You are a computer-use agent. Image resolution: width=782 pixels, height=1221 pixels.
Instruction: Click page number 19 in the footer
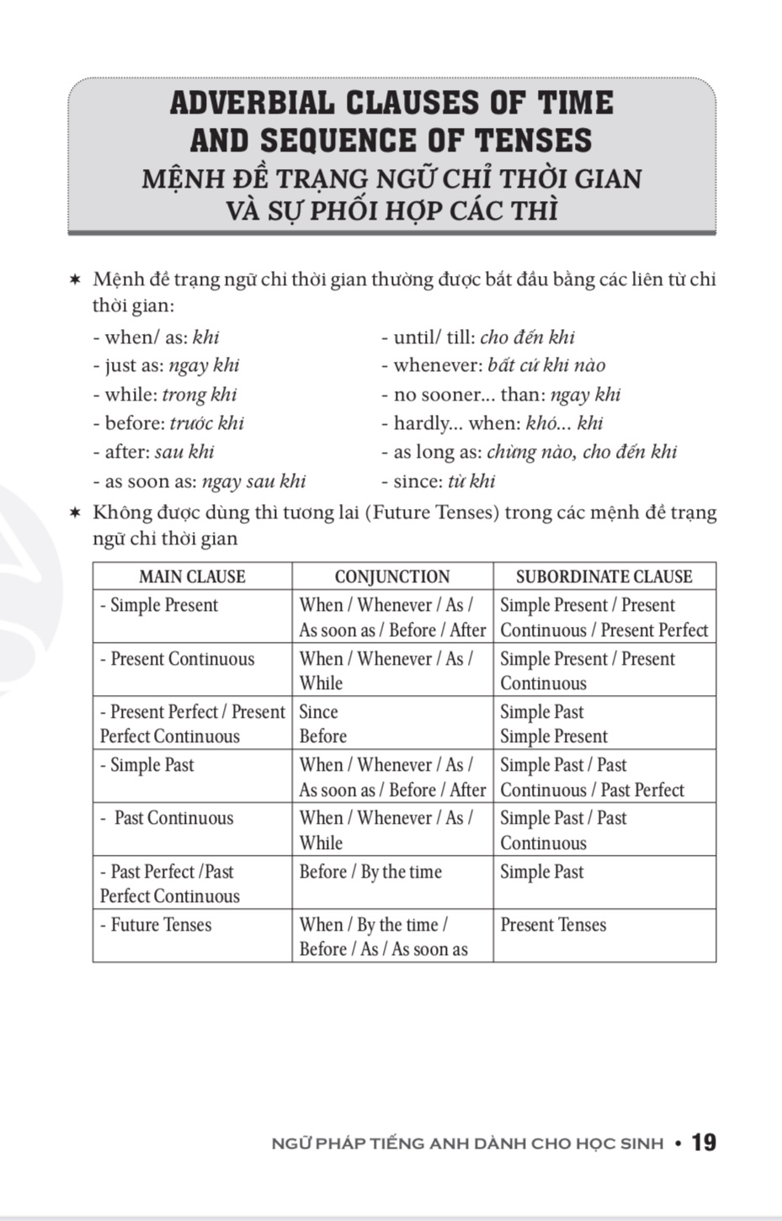[x=704, y=1142]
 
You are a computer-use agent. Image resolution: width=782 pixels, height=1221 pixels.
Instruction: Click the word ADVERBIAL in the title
[x=252, y=103]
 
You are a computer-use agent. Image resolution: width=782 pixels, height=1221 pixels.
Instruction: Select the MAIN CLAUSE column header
[x=192, y=576]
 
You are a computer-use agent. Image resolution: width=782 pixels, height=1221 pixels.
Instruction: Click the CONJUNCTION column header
[x=392, y=576]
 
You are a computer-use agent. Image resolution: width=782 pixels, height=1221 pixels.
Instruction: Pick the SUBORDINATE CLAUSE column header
[x=604, y=576]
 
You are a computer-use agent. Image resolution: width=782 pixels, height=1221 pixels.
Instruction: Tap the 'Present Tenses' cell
[x=553, y=925]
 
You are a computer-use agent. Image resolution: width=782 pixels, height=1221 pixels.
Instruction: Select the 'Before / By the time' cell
[x=370, y=872]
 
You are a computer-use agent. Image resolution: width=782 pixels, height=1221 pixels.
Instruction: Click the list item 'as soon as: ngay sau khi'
[x=199, y=481]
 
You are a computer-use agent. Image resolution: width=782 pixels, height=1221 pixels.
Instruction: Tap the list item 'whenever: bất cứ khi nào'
[x=493, y=365]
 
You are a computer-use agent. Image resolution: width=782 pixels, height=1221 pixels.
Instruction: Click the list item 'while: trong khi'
[x=165, y=395]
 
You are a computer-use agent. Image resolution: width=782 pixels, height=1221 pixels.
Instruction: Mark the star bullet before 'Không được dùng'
[x=76, y=512]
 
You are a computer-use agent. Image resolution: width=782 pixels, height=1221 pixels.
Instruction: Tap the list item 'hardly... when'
[x=492, y=423]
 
